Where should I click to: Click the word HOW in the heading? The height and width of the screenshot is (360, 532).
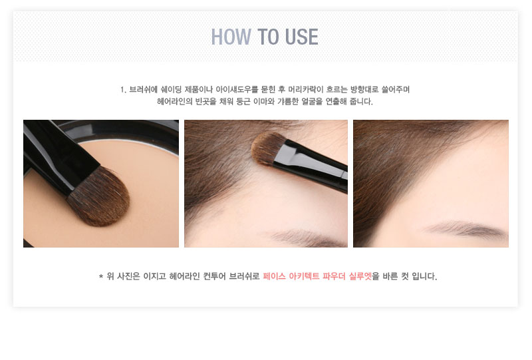231,37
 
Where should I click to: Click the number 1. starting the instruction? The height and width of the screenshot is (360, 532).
123,90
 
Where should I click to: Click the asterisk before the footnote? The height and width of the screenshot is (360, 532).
101,277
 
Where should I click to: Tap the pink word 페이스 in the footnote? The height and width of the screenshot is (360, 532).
274,276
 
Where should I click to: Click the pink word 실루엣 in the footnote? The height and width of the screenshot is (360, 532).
360,276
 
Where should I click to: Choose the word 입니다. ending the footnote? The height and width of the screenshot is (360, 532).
424,276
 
